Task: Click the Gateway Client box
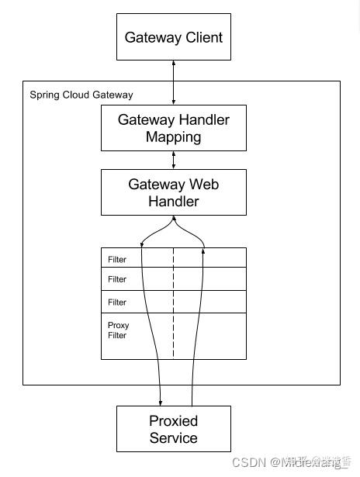tap(173, 37)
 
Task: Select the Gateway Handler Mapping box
tap(173, 128)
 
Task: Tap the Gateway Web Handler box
tap(173, 192)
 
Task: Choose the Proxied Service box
tap(173, 429)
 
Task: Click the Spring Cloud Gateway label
tap(81, 95)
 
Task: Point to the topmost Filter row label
tap(117, 260)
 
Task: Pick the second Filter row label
tap(117, 279)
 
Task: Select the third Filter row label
tap(117, 302)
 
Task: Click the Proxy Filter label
tap(118, 330)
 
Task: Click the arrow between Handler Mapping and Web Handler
tap(174, 160)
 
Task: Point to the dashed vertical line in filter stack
tap(174, 310)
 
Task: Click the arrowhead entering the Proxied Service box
tap(160, 402)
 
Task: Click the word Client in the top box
tap(203, 37)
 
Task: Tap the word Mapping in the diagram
tap(174, 137)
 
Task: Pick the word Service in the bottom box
tap(174, 438)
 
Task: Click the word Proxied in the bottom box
tap(174, 421)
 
